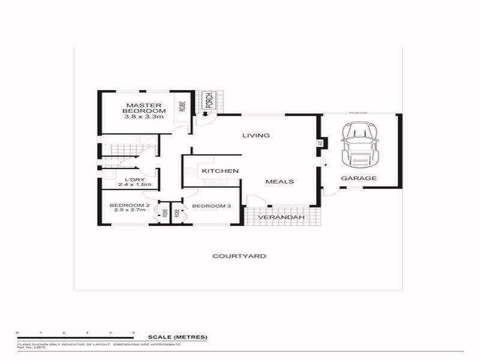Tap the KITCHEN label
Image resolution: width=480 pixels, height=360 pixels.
point(220,171)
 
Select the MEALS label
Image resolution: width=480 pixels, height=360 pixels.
point(279,181)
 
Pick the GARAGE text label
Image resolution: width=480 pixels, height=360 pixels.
point(359,178)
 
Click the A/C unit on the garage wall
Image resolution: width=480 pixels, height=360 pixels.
point(320,143)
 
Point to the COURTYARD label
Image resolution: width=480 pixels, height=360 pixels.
point(239,256)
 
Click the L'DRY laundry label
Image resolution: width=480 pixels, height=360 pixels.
point(134,179)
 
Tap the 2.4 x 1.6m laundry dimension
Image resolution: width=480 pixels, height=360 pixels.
point(134,185)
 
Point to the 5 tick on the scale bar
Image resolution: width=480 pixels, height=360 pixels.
point(133,332)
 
